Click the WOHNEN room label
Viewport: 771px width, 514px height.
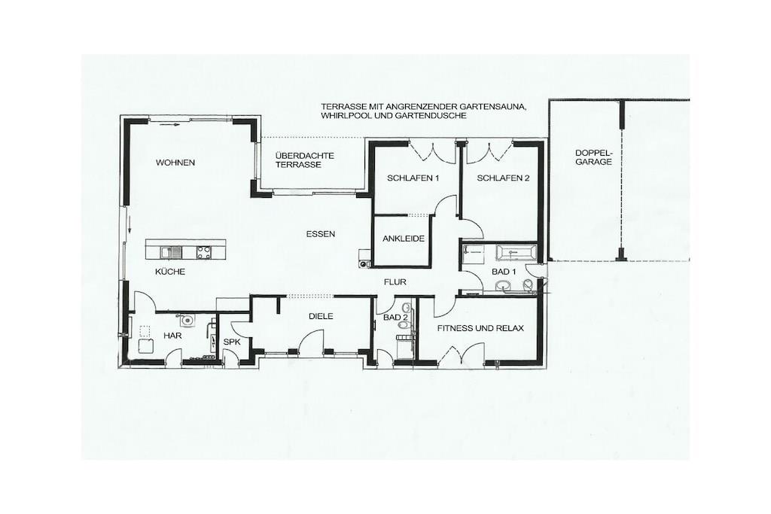175,163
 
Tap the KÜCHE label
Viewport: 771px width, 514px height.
170,271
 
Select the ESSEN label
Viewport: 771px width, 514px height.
321,234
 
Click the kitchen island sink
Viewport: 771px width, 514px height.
171,252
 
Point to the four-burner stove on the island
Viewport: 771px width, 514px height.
203,252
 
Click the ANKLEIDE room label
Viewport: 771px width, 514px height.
404,239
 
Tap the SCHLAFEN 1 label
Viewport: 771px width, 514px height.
413,178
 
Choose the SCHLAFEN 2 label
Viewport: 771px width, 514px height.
503,178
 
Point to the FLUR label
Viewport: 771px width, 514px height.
395,282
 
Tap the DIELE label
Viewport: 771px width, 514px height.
321,316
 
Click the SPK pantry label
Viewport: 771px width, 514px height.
232,342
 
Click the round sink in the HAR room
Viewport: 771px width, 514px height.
187,321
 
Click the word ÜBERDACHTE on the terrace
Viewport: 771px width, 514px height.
305,156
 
